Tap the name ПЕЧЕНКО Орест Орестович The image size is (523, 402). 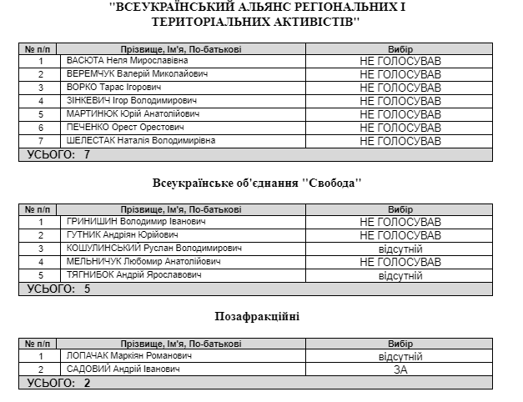(x=124, y=127)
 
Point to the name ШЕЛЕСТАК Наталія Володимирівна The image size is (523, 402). (x=140, y=140)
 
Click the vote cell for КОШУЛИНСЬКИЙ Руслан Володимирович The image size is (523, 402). (x=400, y=249)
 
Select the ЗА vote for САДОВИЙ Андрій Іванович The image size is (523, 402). (x=400, y=369)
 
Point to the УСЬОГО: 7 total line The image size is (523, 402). (x=59, y=154)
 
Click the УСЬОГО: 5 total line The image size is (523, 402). (x=59, y=289)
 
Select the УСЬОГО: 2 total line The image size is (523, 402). (x=59, y=383)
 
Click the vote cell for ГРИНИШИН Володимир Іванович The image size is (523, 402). (x=400, y=222)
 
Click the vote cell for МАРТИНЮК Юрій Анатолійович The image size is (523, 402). (x=400, y=113)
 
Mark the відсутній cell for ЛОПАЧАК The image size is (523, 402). (x=400, y=356)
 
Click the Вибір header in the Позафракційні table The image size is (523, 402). (x=400, y=343)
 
